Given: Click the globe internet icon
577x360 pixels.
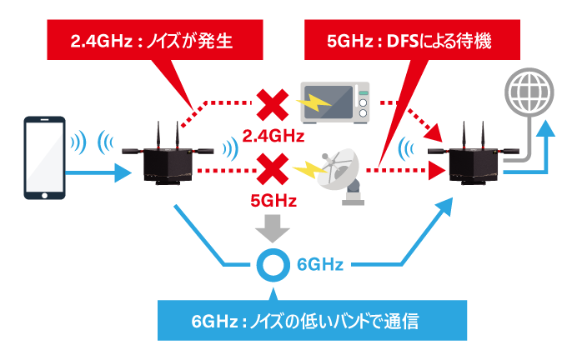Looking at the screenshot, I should pyautogui.click(x=528, y=89).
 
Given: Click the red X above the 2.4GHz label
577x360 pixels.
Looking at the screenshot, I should pyautogui.click(x=270, y=106).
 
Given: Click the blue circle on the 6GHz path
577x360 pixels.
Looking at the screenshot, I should pyautogui.click(x=270, y=266).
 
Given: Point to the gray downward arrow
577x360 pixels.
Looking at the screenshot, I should pyautogui.click(x=270, y=225).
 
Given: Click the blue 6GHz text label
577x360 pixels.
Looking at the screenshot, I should pyautogui.click(x=320, y=266).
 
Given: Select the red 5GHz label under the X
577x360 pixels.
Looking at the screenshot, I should pyautogui.click(x=270, y=201).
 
